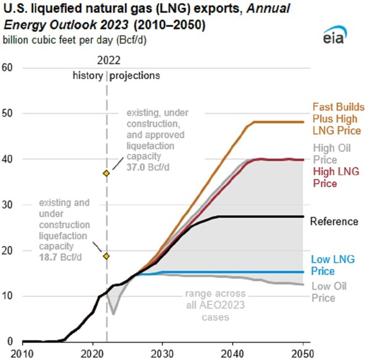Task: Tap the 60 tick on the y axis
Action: pos(8,68)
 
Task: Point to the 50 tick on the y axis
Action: pos(8,113)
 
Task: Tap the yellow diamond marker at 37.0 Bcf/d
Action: pos(106,173)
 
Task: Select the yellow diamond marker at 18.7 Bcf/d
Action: pos(106,256)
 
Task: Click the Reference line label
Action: pos(334,221)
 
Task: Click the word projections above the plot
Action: pos(135,76)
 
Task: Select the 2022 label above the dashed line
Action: pos(108,61)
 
